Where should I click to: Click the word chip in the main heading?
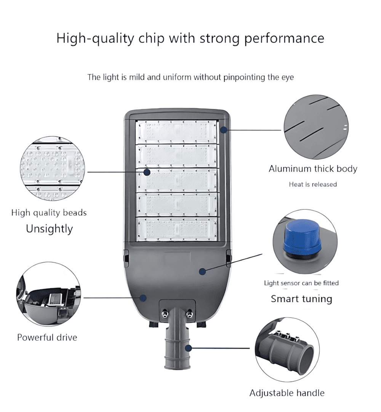[x=152, y=38]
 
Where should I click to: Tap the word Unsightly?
[x=49, y=228]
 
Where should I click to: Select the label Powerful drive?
[x=47, y=337]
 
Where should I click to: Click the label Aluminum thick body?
[x=313, y=169]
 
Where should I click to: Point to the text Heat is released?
[x=313, y=184]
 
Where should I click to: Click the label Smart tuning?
[x=302, y=299]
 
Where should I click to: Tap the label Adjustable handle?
[x=287, y=393]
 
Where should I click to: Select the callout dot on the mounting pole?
[x=188, y=348]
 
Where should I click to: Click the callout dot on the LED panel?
[x=147, y=172]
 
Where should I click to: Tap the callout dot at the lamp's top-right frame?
[x=224, y=129]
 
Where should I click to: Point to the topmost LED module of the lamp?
[x=177, y=132]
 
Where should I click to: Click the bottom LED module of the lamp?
[x=177, y=229]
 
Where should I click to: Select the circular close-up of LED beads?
[x=53, y=168]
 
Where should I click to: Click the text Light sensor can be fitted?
[x=301, y=283]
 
